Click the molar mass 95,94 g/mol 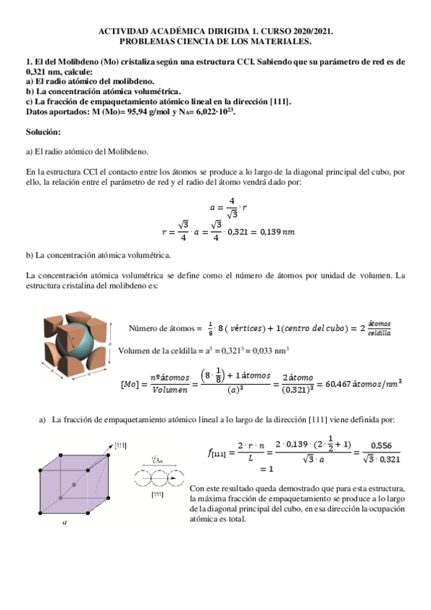click(122, 112)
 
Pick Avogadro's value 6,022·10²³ click(216, 112)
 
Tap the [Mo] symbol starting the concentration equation click(131, 384)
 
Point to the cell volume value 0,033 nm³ click(269, 351)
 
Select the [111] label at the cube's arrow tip click(121, 446)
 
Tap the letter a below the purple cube click(65, 524)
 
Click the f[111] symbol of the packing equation click(219, 452)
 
